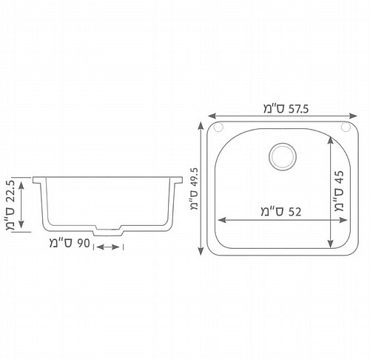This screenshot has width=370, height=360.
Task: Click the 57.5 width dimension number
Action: [298, 109]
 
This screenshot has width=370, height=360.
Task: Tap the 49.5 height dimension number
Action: [195, 177]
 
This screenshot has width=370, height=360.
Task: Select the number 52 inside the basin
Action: [295, 212]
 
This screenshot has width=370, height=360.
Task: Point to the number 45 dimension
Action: [339, 177]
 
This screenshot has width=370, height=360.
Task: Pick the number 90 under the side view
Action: [84, 243]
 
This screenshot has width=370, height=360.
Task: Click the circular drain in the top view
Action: [283, 156]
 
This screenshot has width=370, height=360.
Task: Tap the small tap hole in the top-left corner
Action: [218, 127]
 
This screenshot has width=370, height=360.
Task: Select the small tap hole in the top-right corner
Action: [346, 127]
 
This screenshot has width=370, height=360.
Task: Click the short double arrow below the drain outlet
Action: [108, 247]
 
